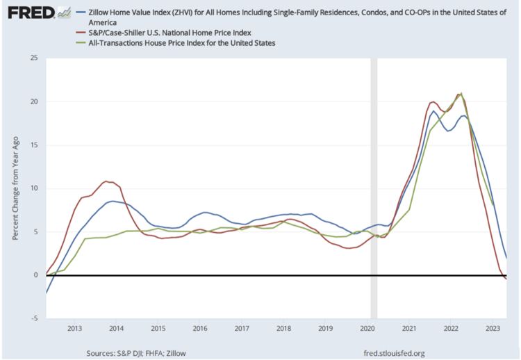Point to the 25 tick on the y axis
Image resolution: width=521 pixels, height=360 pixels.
[33, 58]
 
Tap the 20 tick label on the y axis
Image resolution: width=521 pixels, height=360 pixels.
[33, 101]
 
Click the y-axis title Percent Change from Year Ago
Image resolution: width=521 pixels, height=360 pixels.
[15, 188]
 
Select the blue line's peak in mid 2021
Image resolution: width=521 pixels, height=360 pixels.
[433, 111]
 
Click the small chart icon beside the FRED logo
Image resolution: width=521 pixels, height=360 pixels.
[65, 13]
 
